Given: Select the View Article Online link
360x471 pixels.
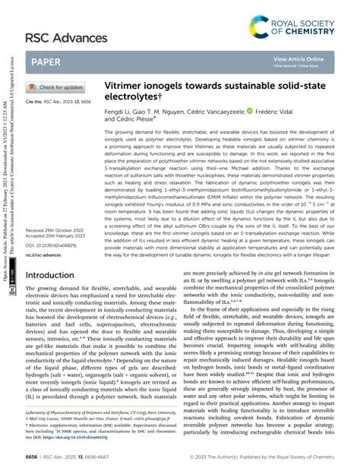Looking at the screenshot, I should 298,58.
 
